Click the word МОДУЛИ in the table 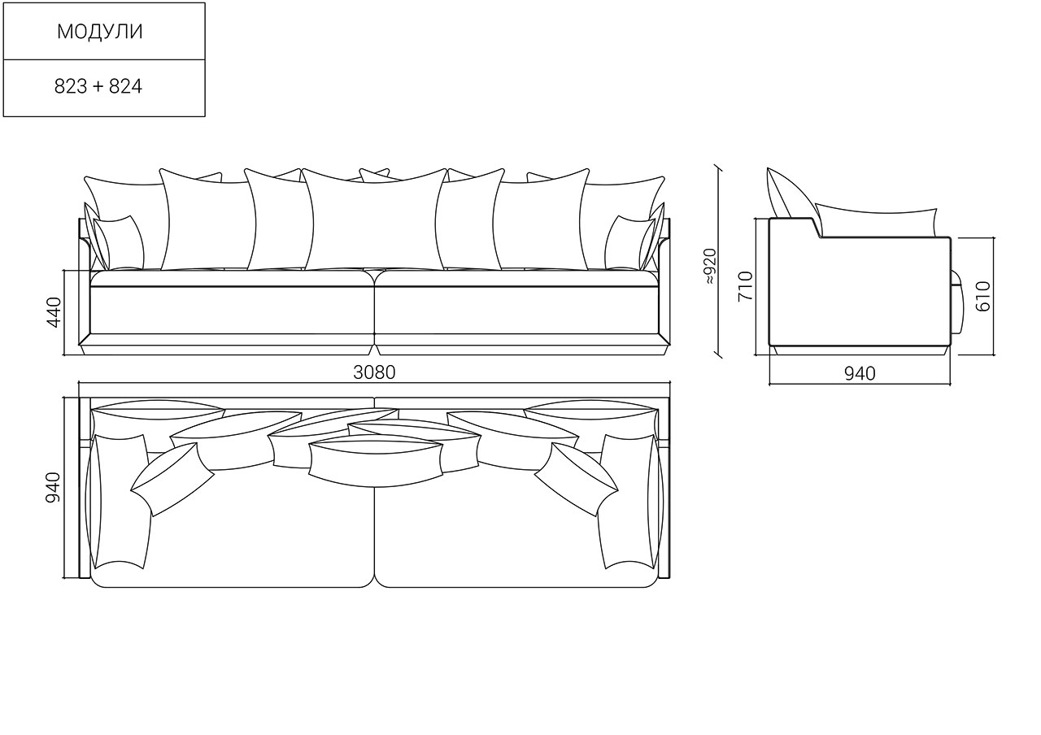tap(100, 32)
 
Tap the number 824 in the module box tap(125, 86)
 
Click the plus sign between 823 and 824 tap(98, 87)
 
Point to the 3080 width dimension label tap(374, 372)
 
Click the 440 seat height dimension tap(54, 312)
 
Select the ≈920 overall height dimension tap(711, 267)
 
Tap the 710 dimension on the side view tap(745, 286)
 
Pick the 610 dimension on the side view tap(983, 297)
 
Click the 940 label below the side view tap(860, 373)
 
